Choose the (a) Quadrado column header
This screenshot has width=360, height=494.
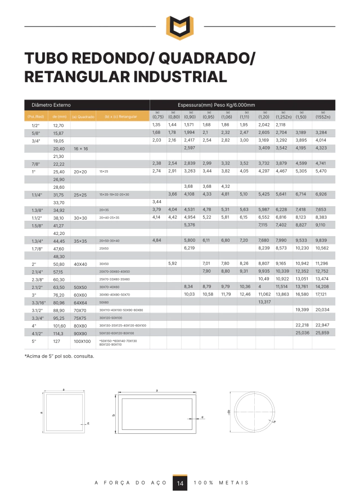(83, 116)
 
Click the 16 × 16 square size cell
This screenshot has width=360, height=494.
(80, 148)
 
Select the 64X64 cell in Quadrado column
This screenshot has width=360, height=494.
(80, 302)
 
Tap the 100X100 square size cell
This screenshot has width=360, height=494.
(82, 341)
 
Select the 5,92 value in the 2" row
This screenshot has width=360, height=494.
(172, 263)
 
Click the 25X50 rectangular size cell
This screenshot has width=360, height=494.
(103, 248)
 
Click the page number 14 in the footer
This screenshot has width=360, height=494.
(179, 483)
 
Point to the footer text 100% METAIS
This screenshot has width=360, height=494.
(220, 483)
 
